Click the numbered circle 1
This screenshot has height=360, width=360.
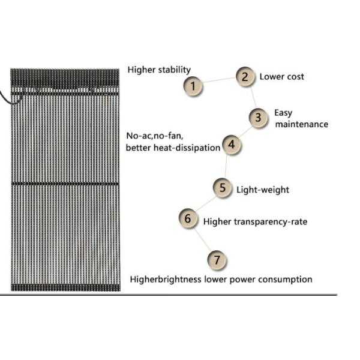click(193, 86)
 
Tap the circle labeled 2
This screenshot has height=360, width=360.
click(245, 77)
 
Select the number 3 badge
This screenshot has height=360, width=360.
click(258, 118)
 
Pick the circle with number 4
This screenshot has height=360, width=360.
click(232, 145)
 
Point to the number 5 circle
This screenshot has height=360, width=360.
click(222, 188)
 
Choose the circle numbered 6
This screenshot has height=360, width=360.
click(188, 218)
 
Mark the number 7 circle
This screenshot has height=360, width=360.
click(217, 260)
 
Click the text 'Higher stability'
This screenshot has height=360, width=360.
click(159, 70)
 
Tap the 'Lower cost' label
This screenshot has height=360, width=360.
click(282, 77)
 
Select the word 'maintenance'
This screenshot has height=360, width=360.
click(302, 124)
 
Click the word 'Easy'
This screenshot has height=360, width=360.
click(283, 113)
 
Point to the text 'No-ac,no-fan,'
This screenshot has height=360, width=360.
click(155, 136)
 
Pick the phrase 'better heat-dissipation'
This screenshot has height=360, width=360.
click(173, 148)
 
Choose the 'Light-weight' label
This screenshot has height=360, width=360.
click(263, 190)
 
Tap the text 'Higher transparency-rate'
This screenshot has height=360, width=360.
click(256, 222)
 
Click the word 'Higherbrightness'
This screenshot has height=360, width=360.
click(166, 280)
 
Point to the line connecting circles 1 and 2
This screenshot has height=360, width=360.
click(219, 80)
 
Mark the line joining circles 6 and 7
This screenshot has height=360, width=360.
click(203, 239)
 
